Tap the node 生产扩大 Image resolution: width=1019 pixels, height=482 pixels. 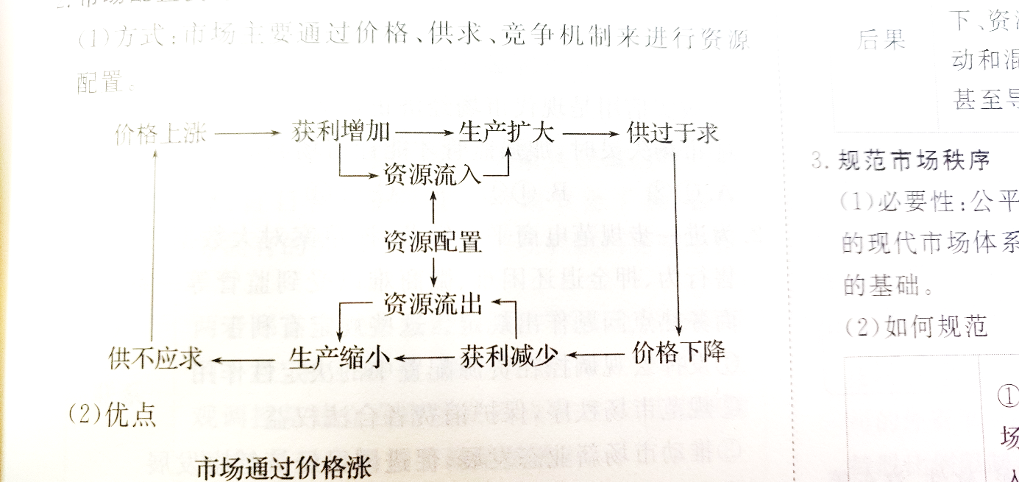[x=505, y=132]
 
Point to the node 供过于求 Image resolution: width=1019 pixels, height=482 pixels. [x=672, y=133]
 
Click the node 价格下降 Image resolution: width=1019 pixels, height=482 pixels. [x=679, y=353]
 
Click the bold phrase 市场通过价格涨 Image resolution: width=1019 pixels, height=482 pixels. [x=284, y=469]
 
